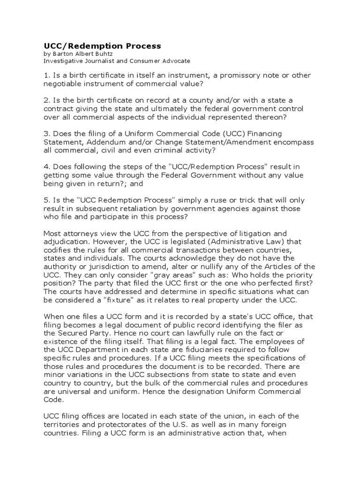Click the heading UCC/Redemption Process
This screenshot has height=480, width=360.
[102, 45]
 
